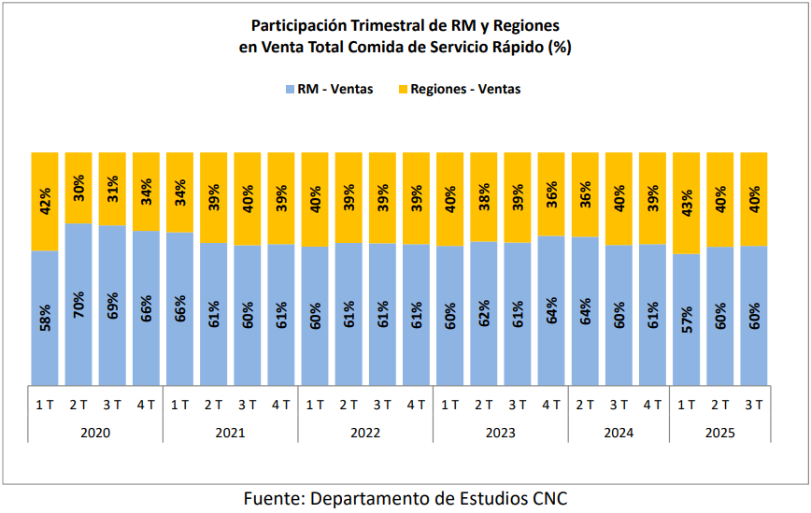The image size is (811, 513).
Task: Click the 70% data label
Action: [x=78, y=305]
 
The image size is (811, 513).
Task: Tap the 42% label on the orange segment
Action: [x=45, y=202]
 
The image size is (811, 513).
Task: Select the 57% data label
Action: [x=687, y=319]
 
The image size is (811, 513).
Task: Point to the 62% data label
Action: [x=484, y=313]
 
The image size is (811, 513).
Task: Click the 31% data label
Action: [x=112, y=189]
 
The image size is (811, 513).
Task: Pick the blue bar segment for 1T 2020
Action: [x=45, y=318]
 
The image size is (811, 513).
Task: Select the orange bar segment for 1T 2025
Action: [x=687, y=203]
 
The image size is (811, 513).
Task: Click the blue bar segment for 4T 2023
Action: [x=551, y=310]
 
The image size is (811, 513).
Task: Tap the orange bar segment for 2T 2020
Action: [x=78, y=188]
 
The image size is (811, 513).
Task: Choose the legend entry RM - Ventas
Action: [x=329, y=90]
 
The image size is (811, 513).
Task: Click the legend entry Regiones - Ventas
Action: [x=459, y=90]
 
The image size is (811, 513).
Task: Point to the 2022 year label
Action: [x=365, y=433]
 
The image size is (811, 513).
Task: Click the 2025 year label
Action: [x=720, y=433]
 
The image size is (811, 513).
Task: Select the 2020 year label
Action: [x=95, y=433]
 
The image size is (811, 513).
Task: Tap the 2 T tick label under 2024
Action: [x=585, y=405]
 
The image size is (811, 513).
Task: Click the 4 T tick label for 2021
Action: [x=281, y=405]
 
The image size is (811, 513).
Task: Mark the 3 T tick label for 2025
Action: [x=754, y=405]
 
